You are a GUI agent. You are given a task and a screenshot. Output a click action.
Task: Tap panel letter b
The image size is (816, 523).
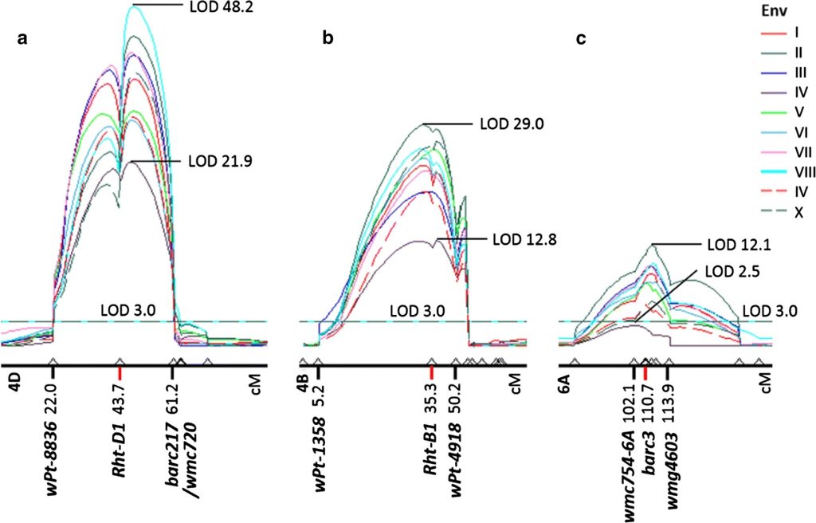coord(327,37)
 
